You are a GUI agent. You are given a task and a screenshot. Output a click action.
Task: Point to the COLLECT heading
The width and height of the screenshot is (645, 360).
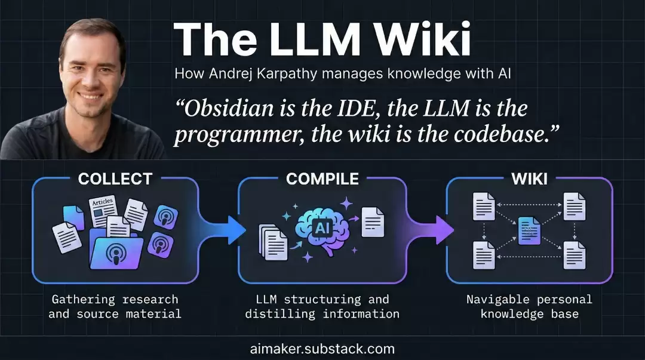coord(115,179)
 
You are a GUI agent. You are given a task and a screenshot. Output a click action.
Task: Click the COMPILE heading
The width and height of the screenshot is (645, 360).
coord(322,179)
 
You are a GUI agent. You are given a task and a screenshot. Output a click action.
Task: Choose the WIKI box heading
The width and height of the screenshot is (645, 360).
coord(529,179)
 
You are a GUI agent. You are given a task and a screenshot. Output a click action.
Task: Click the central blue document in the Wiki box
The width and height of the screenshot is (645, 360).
coord(529,231)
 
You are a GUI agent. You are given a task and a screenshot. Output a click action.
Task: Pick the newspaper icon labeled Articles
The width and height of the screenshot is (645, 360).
coord(103,211)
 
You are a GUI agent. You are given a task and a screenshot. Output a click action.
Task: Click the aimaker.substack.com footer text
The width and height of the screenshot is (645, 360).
coord(322,349)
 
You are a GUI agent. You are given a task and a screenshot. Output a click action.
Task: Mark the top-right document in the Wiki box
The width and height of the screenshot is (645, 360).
coord(575,207)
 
